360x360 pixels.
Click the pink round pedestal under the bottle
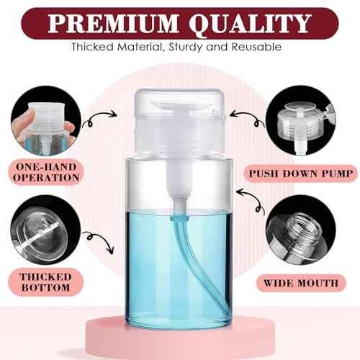[x=180, y=339]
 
